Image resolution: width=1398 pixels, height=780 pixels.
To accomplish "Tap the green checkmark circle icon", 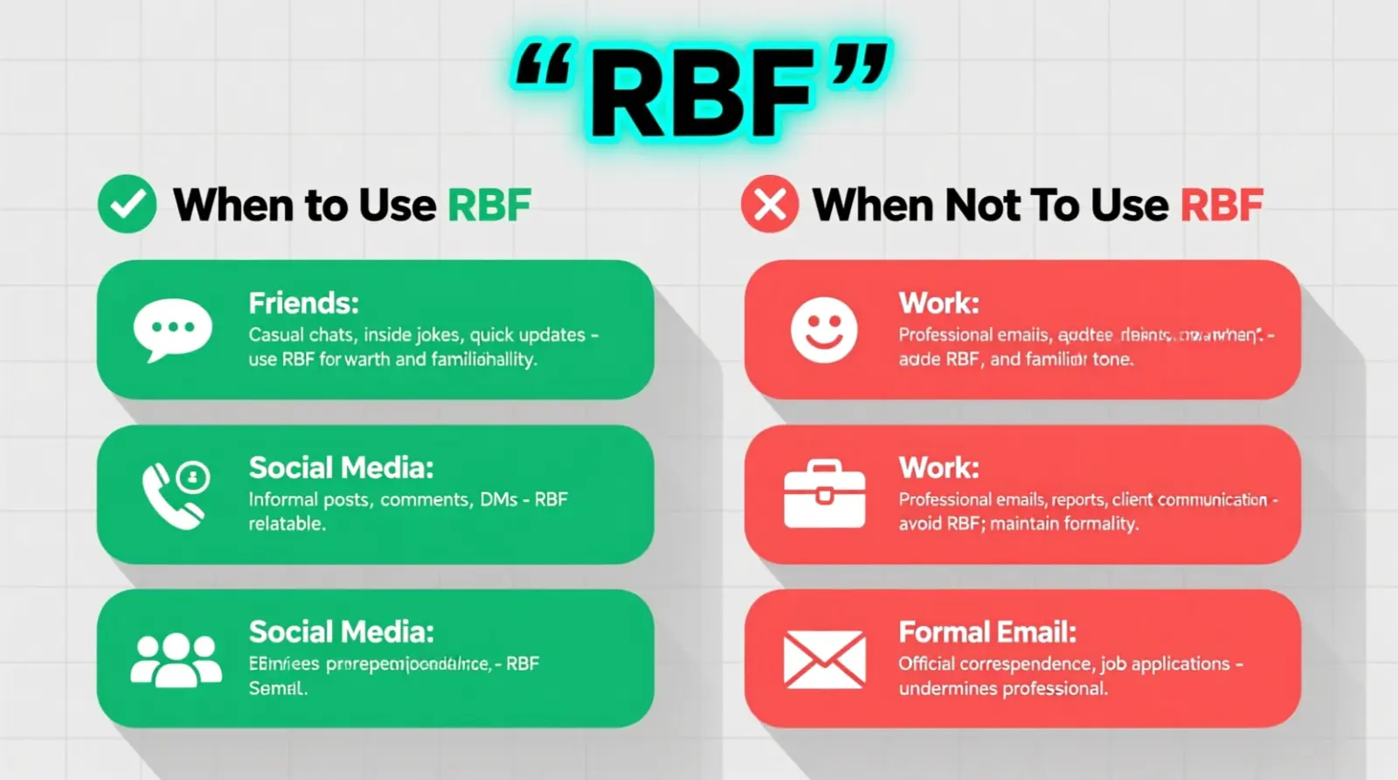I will pos(128,205).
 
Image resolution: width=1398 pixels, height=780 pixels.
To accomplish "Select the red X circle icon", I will pos(770,205).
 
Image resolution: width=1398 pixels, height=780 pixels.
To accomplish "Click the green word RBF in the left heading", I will pos(489,205).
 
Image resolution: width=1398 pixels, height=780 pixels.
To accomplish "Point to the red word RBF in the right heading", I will pos(1222,205).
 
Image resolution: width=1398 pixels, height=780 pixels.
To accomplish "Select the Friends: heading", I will pos(303,303).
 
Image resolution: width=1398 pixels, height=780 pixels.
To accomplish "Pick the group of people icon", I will pos(176,658).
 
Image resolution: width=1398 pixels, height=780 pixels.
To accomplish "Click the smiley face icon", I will pos(823,330).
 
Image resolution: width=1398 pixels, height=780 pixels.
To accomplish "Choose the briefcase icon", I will pos(824,494).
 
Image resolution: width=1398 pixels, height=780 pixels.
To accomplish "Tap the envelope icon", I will pos(824,659).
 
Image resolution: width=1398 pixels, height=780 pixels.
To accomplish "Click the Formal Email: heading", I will pos(987,632).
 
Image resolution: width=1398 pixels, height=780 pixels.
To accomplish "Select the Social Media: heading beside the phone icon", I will pos(341,468).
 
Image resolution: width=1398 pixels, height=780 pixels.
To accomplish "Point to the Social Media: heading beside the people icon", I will pos(341,632).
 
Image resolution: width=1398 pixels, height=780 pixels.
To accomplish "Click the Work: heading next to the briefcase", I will pos(939,468).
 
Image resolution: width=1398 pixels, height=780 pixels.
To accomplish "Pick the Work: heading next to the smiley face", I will pos(939,303).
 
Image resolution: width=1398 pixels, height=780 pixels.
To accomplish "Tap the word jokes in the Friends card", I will pos(437,335).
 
